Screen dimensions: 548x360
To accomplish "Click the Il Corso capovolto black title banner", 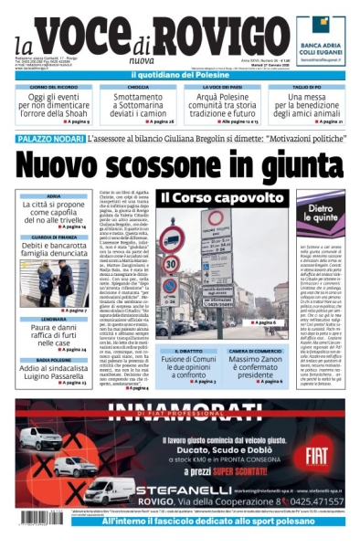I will pyautogui.click(x=215, y=197).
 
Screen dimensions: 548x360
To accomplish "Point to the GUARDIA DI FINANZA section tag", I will pyautogui.click(x=53, y=237).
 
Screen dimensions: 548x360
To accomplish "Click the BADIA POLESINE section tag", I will pyautogui.click(x=53, y=362).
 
